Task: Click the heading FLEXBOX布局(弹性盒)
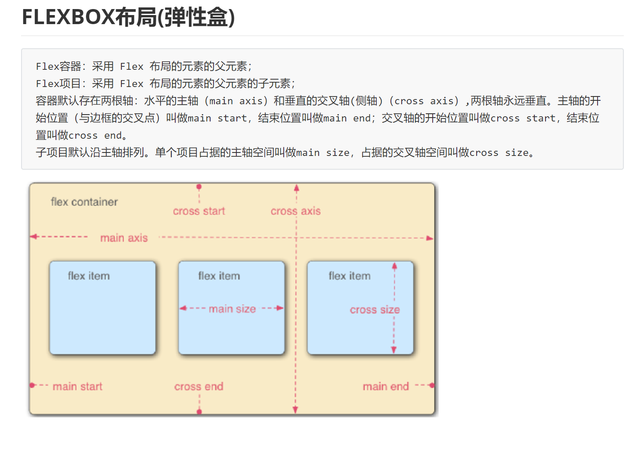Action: pyautogui.click(x=128, y=18)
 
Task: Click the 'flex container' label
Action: pyautogui.click(x=84, y=202)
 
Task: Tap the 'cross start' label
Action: pyautogui.click(x=199, y=211)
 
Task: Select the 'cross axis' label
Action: pyautogui.click(x=295, y=211)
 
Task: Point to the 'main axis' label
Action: pyautogui.click(x=124, y=238)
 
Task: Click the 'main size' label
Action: pyautogui.click(x=232, y=309)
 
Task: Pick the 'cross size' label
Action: pyautogui.click(x=375, y=310)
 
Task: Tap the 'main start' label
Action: pyautogui.click(x=77, y=386)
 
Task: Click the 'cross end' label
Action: pyautogui.click(x=198, y=386)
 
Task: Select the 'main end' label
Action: pyautogui.click(x=386, y=386)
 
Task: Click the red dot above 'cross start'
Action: pyautogui.click(x=199, y=187)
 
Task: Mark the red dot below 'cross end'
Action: pyautogui.click(x=199, y=412)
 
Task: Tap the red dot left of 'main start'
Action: pyautogui.click(x=32, y=385)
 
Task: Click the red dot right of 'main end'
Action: pyautogui.click(x=432, y=386)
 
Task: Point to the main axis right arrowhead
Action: pyautogui.click(x=430, y=238)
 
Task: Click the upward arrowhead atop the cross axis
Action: pyautogui.click(x=297, y=188)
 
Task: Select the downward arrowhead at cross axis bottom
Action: pyautogui.click(x=295, y=410)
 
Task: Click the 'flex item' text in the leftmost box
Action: pyautogui.click(x=89, y=276)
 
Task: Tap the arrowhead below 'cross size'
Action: pyautogui.click(x=394, y=350)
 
